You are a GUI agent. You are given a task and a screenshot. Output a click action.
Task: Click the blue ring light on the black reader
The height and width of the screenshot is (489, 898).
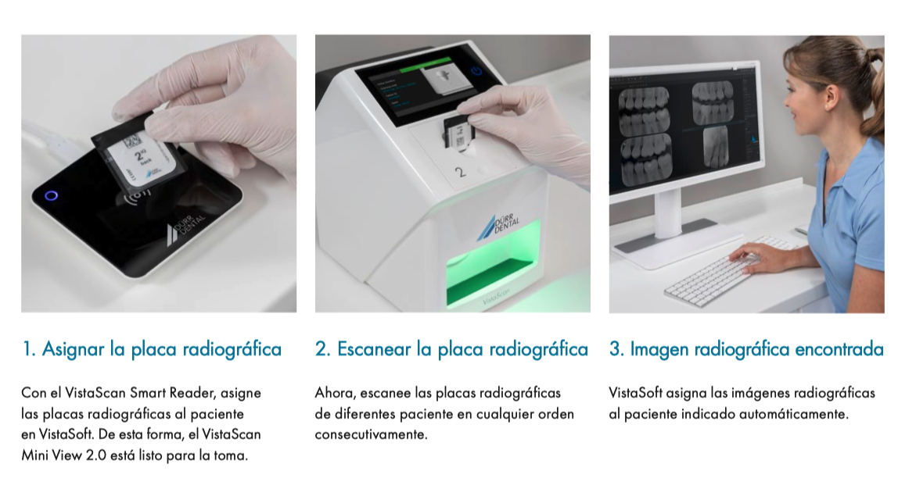[51, 196]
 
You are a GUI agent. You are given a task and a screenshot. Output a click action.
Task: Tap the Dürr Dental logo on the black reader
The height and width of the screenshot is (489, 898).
[185, 229]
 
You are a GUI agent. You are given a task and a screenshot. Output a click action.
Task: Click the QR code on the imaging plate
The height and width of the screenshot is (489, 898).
[132, 140]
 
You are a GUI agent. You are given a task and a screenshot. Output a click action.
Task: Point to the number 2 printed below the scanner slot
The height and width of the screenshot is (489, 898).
[460, 172]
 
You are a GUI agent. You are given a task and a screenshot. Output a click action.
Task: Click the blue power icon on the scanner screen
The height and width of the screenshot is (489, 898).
[476, 71]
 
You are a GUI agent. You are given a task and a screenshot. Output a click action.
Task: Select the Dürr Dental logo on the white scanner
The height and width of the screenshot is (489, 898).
[498, 225]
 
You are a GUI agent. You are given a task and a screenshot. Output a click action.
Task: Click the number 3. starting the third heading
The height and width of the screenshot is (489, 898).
[617, 349]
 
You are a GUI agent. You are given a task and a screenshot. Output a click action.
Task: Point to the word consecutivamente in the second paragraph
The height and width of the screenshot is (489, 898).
[371, 434]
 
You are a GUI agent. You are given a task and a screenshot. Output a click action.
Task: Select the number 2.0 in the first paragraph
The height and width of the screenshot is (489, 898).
[96, 456]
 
